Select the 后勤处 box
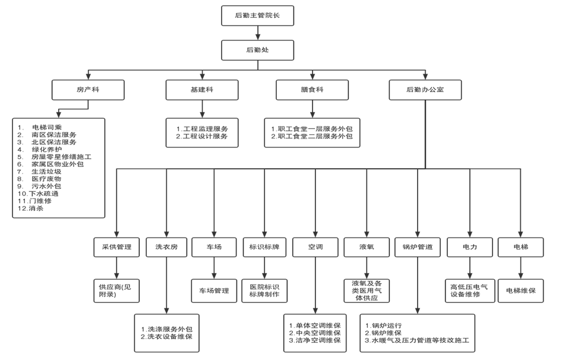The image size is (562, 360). (257, 50)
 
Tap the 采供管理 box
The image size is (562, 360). (116, 246)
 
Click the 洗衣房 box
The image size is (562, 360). (166, 246)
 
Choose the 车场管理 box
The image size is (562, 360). (213, 291)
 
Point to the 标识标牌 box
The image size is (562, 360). (264, 246)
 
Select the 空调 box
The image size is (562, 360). (315, 246)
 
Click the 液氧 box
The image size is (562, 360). (366, 246)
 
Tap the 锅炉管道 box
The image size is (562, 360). (417, 246)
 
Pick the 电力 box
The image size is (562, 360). (469, 246)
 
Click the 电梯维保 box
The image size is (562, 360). (520, 291)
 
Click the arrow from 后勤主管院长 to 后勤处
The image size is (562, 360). (257, 33)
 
